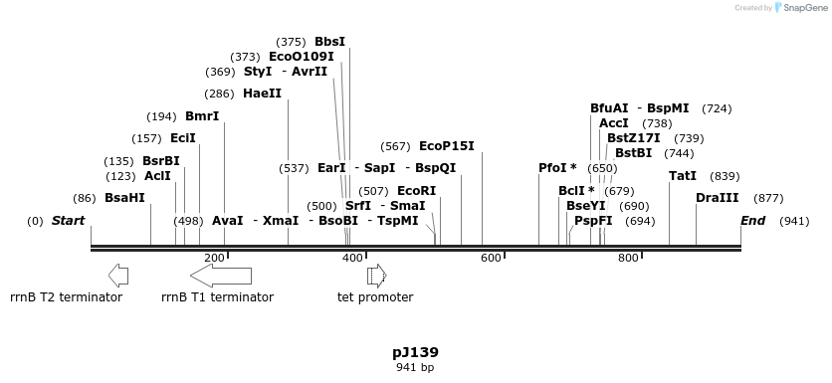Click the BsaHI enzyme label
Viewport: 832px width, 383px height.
[124, 198]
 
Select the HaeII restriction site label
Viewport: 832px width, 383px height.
[262, 94]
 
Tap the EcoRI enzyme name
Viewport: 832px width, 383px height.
[416, 190]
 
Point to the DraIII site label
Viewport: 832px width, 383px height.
[717, 198]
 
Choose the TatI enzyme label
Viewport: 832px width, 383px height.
[683, 176]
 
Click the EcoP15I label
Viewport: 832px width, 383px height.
[446, 146]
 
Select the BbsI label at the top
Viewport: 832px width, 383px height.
[329, 42]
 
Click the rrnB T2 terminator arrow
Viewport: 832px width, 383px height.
[117, 275]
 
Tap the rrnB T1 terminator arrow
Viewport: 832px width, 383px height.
[220, 275]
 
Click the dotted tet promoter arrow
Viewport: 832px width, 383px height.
[376, 275]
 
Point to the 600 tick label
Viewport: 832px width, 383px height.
[491, 259]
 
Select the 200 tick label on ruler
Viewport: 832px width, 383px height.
[214, 259]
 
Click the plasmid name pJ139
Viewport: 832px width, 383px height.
[415, 352]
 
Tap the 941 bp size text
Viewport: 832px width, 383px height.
[415, 367]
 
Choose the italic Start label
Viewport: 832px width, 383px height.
[68, 221]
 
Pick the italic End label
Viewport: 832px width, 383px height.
[752, 221]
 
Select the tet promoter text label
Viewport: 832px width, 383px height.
[375, 296]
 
